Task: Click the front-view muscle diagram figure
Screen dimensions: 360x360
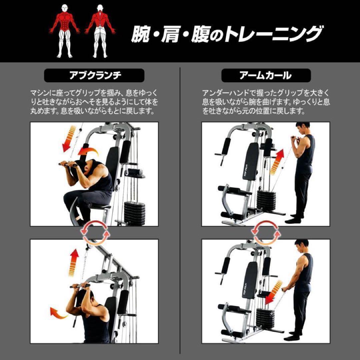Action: click(x=65, y=31)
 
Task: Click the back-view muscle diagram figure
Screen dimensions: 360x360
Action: click(x=100, y=31)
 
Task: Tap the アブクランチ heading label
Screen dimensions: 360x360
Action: click(x=94, y=76)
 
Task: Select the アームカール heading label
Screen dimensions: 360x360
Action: click(x=266, y=76)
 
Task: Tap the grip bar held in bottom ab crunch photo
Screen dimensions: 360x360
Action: click(x=80, y=286)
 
